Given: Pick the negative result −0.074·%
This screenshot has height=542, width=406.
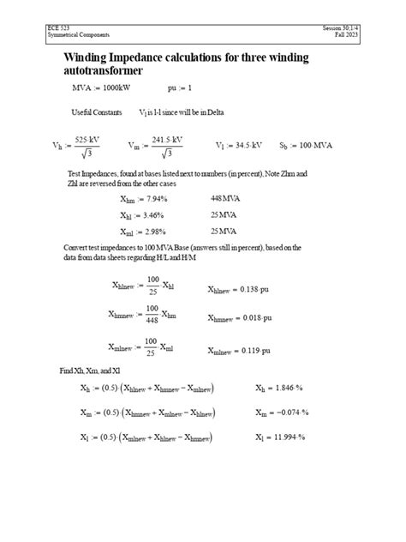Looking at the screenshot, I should (289, 413).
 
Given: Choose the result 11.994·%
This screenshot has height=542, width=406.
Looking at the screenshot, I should (288, 437).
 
